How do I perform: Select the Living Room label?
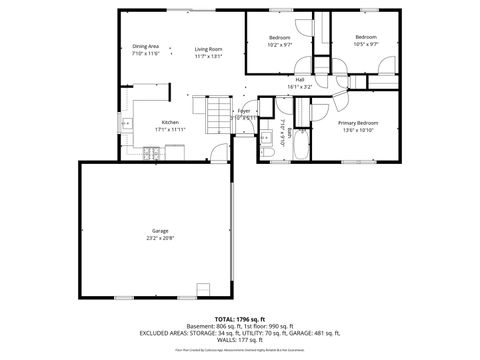click(x=208, y=48)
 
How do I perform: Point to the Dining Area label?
click(x=146, y=47)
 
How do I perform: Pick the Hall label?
click(x=300, y=80)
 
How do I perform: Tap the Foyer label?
click(x=244, y=111)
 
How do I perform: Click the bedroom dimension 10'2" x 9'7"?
click(x=280, y=44)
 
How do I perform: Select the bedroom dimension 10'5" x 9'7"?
click(x=365, y=44)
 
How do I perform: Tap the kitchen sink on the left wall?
click(x=126, y=124)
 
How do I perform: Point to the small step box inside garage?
click(x=204, y=291)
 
